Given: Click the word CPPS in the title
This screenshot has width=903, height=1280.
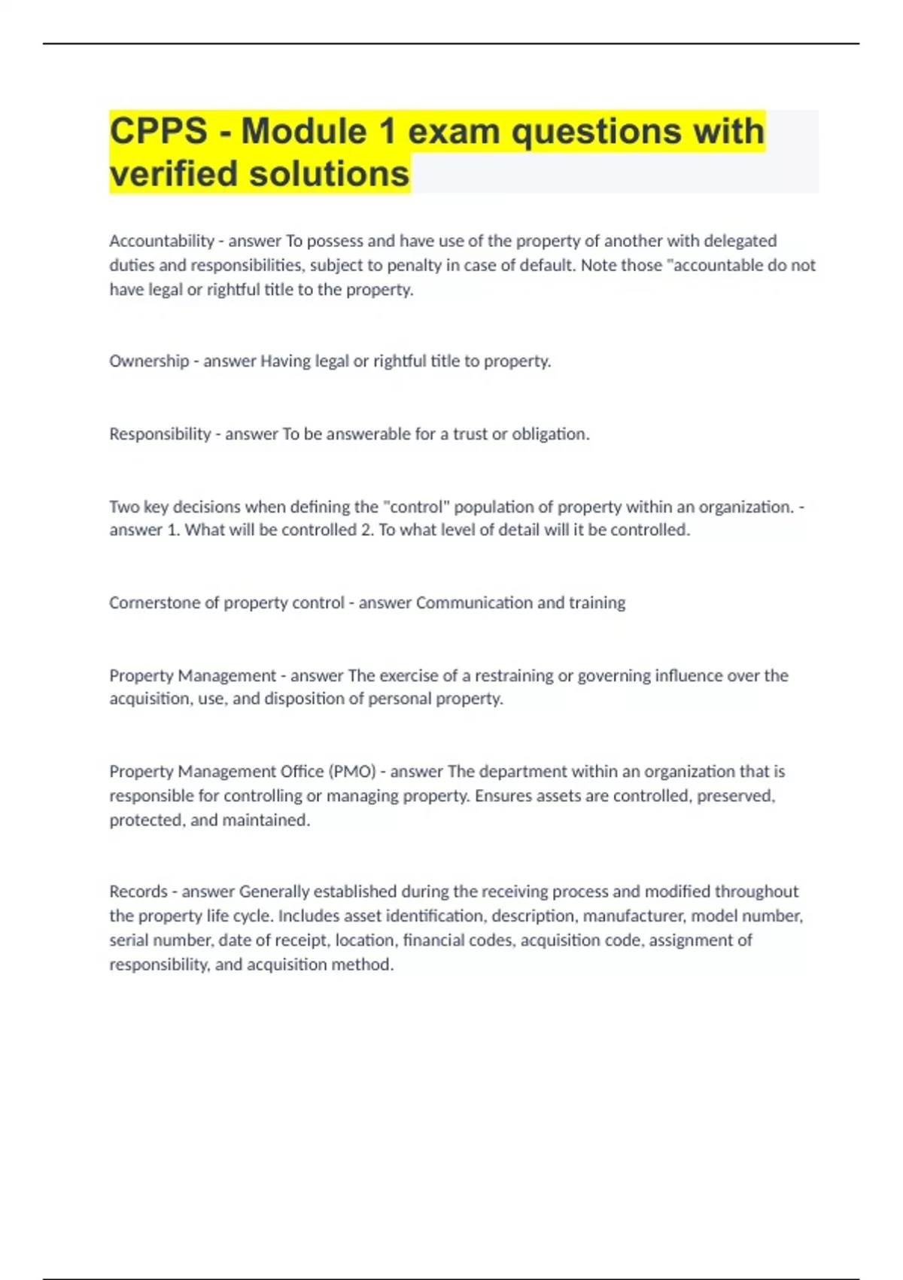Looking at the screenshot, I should (x=158, y=132).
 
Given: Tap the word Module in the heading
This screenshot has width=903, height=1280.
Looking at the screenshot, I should (x=304, y=132).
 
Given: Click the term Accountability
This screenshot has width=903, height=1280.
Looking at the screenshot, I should (x=162, y=241).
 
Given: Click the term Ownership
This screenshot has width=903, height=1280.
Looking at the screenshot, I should (x=149, y=361).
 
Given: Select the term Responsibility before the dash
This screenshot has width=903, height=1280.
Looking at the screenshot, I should (x=160, y=434).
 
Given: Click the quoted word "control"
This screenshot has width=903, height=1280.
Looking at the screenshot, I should (x=416, y=507).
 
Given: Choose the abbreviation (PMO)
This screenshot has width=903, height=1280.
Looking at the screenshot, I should (x=352, y=772).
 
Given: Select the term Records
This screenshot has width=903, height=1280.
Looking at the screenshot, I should (x=138, y=891).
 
